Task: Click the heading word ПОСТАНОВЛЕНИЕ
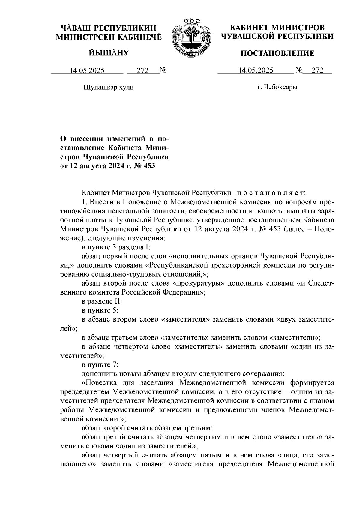tap(278, 53)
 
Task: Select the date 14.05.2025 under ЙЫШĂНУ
tap(87, 71)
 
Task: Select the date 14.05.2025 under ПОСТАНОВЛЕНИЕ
tap(256, 71)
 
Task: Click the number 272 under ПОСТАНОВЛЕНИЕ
tap(317, 71)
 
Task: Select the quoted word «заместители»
tap(295, 338)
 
